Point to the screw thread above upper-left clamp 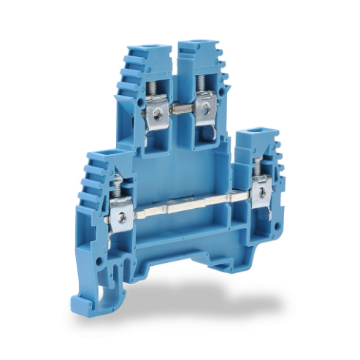pyautogui.click(x=153, y=87)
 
